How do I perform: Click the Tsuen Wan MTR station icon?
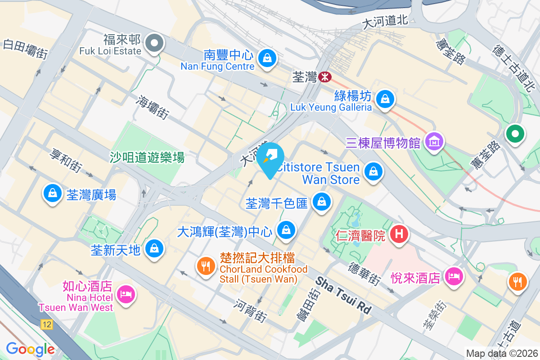click(x=324, y=77)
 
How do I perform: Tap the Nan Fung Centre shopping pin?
click(x=267, y=58)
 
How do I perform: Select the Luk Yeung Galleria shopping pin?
click(x=385, y=99)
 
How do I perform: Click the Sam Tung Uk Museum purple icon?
click(x=434, y=142)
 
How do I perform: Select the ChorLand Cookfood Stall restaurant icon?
click(x=206, y=266)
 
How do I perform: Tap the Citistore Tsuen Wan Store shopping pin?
click(x=373, y=171)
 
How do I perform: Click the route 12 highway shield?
click(x=46, y=324)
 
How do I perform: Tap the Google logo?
click(x=30, y=349)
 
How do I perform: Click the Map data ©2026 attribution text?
click(x=502, y=353)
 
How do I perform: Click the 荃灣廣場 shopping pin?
click(x=53, y=193)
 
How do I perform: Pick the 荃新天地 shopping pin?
click(x=154, y=248)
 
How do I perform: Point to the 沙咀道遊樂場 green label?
click(x=147, y=157)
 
